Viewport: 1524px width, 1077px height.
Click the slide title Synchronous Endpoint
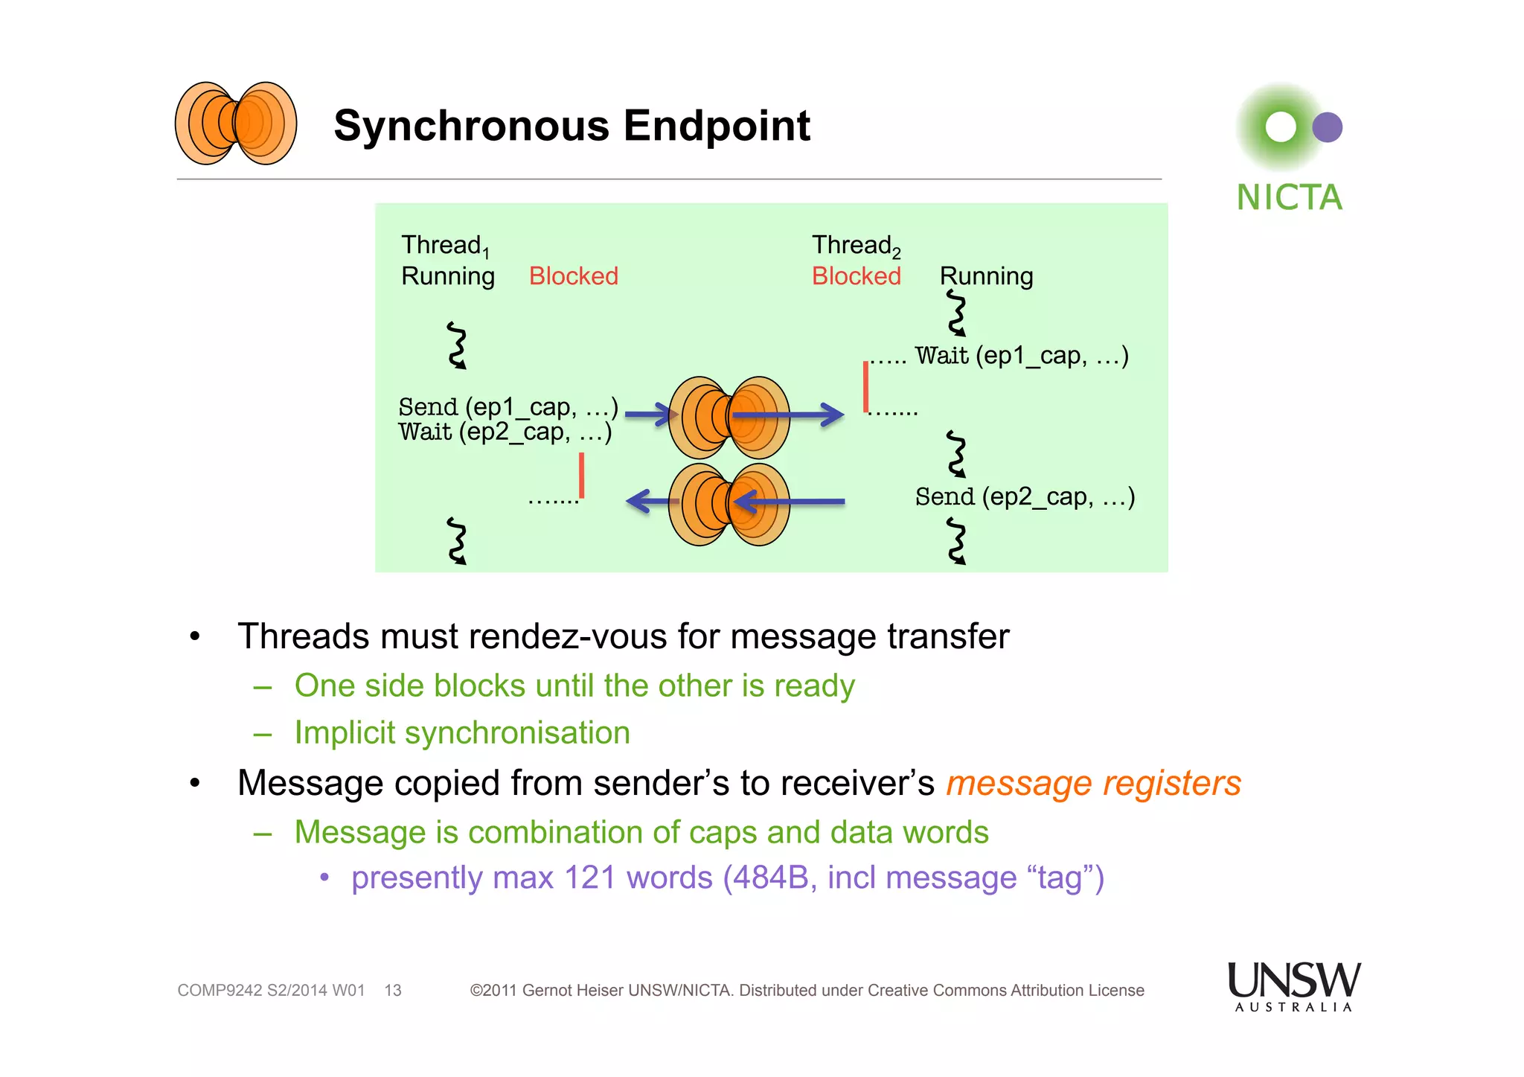click(571, 125)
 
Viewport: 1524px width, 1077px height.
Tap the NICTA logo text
click(1289, 198)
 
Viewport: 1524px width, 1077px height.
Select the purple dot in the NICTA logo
click(1327, 127)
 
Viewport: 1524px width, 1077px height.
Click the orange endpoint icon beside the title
click(236, 124)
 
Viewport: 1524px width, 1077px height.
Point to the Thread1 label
click(444, 245)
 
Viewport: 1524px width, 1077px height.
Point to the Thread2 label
click(855, 245)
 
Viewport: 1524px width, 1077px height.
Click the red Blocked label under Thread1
click(573, 276)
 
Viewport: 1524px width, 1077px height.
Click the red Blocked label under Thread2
click(856, 276)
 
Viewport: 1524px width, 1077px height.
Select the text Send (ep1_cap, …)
click(508, 407)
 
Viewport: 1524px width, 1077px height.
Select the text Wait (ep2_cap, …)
click(505, 432)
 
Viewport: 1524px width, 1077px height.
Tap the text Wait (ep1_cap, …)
click(1021, 356)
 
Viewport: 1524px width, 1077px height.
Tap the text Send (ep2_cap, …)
click(1024, 496)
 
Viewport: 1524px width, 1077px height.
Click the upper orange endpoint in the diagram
click(729, 417)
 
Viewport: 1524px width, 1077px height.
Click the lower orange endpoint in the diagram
click(729, 505)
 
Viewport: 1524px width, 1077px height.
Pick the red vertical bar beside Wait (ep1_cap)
click(865, 386)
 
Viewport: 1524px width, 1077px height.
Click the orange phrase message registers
click(1092, 783)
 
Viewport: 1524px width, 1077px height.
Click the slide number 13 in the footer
click(392, 991)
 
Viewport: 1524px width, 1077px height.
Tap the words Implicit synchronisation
click(462, 733)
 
